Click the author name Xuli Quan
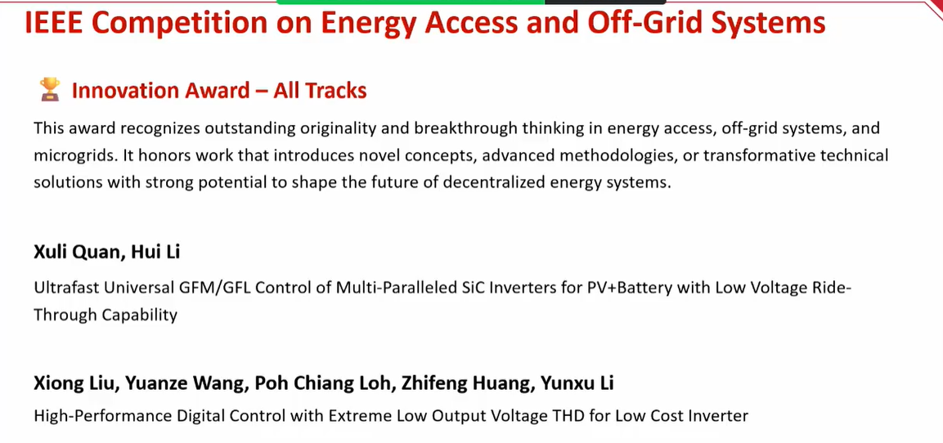click(77, 252)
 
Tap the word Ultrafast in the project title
click(65, 288)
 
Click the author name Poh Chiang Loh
click(323, 383)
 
